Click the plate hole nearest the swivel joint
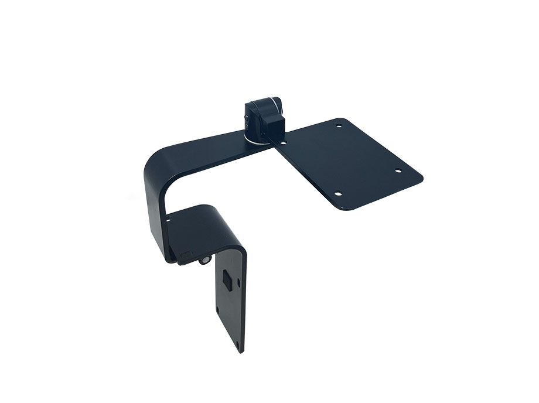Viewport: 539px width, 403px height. tap(283, 142)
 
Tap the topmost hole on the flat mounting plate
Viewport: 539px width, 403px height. tap(338, 125)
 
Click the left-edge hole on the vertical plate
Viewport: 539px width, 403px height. tap(217, 309)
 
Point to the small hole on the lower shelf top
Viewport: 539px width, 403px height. tap(168, 220)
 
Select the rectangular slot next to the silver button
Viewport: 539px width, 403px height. tap(187, 255)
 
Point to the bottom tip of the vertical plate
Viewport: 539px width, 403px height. tap(241, 352)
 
